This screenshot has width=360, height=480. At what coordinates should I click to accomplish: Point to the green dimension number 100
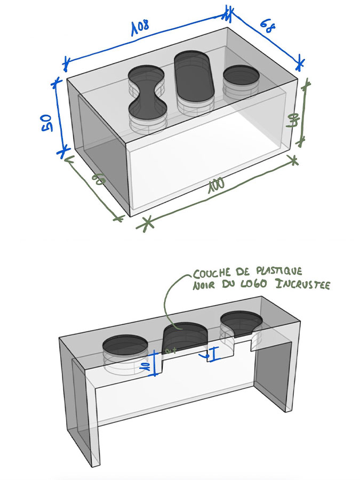[x=216, y=185]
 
